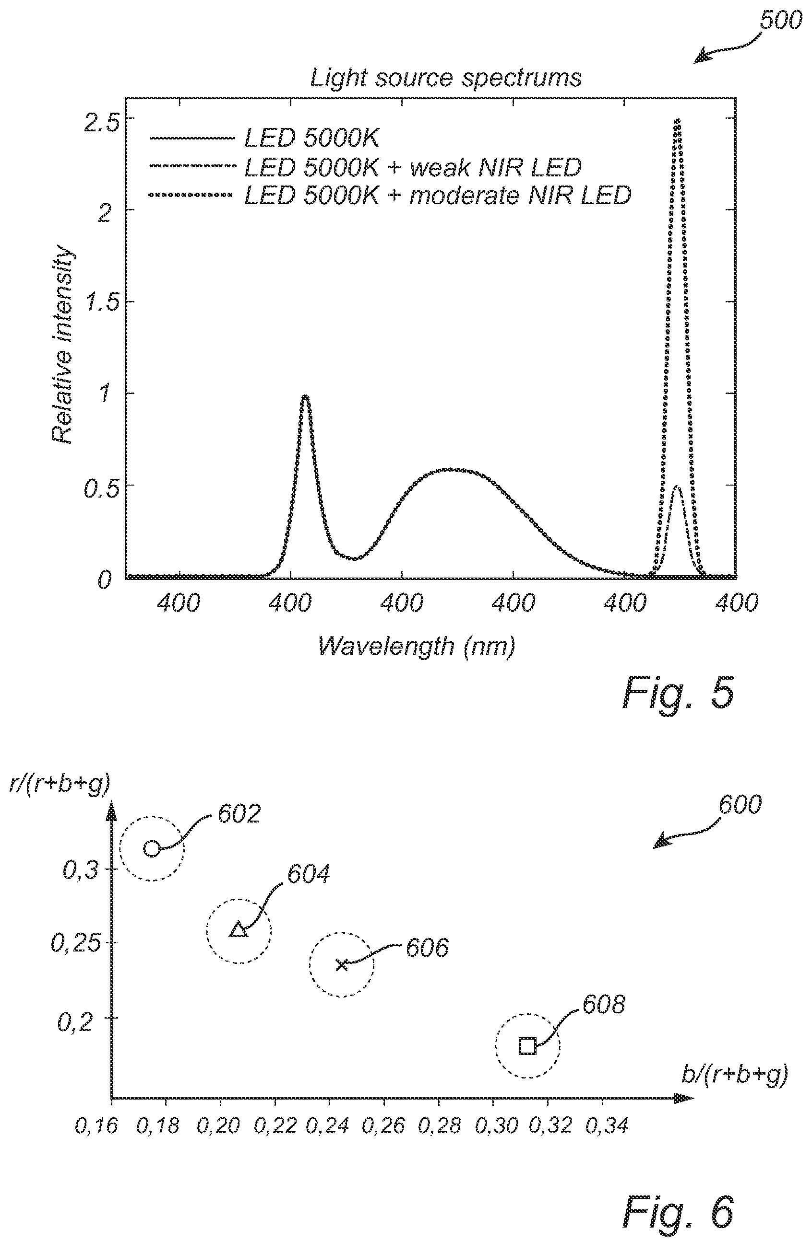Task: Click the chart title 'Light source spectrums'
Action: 446,79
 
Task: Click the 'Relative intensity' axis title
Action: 63,346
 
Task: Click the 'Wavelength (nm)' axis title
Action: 417,647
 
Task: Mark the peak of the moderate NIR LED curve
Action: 677,120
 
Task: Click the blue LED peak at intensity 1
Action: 306,397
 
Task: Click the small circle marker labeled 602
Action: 152,848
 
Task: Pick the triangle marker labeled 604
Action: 239,930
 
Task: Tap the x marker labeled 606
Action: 342,965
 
